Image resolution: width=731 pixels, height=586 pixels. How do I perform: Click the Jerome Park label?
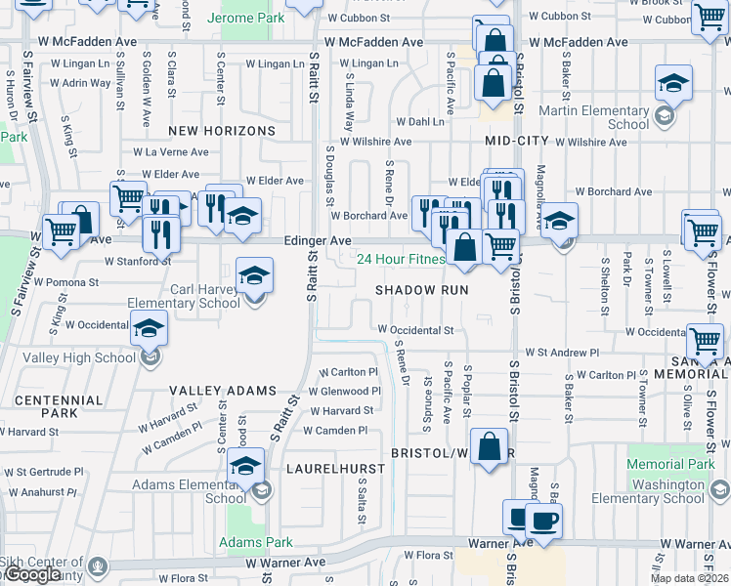[252, 19]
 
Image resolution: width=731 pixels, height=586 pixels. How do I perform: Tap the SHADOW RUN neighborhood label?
[421, 290]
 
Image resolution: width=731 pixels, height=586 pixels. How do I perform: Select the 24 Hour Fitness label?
[400, 259]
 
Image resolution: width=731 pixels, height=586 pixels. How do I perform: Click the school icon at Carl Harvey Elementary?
[254, 276]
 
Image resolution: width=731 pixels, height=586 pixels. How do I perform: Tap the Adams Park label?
[256, 542]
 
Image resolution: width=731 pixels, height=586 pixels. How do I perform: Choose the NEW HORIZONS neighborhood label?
[222, 131]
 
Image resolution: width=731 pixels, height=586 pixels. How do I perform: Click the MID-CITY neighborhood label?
[517, 142]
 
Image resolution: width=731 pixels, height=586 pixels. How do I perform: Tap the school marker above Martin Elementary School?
[673, 85]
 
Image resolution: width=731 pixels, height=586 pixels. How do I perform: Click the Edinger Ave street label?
[318, 240]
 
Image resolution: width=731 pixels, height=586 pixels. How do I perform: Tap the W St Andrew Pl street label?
[562, 352]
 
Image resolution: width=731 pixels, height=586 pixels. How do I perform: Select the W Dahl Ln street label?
[420, 122]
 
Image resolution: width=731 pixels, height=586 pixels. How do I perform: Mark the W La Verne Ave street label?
[171, 152]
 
